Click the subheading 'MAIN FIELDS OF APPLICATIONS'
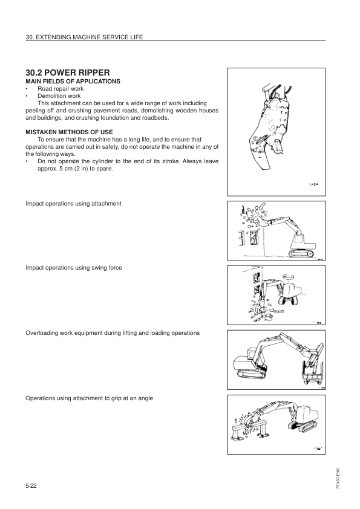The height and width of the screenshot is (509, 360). (72, 81)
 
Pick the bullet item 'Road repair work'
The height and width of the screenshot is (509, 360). (61, 88)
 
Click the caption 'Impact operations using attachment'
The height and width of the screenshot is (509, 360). (73, 204)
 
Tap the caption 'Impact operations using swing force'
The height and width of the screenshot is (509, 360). (73, 267)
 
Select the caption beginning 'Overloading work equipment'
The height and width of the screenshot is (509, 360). (113, 333)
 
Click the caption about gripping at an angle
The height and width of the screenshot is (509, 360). (89, 398)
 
